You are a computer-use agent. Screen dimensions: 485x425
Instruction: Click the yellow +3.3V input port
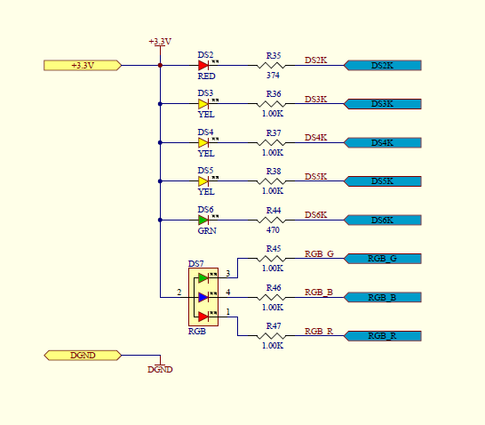[x=83, y=65]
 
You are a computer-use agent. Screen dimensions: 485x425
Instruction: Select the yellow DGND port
[x=83, y=355]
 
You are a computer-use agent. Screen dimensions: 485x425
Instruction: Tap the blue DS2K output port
[x=383, y=65]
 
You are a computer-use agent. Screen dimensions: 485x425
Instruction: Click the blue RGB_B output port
[x=383, y=297]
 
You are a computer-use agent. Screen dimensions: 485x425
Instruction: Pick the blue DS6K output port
[x=383, y=221]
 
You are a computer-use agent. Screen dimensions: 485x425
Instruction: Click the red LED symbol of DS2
[x=203, y=65]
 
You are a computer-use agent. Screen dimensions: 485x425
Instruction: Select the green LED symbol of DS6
[x=203, y=221]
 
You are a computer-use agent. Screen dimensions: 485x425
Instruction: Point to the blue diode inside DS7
[x=203, y=297]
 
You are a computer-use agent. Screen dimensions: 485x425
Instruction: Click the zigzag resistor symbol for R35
[x=271, y=65]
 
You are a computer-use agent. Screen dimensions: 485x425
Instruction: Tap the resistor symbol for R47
[x=271, y=335]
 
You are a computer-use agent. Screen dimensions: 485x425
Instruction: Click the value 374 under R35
[x=273, y=76]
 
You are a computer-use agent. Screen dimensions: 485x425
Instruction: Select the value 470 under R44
[x=273, y=230]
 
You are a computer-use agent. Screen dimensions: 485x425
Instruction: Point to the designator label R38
[x=274, y=172]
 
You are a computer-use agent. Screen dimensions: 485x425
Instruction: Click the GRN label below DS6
[x=207, y=230]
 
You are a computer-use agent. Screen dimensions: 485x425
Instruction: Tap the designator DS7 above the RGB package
[x=196, y=263]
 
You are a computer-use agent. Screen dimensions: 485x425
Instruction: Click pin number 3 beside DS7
[x=228, y=273]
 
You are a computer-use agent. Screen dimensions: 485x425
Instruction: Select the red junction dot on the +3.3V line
[x=160, y=65]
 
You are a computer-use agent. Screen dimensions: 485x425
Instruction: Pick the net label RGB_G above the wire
[x=319, y=253]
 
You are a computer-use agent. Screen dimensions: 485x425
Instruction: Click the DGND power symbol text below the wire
[x=160, y=369]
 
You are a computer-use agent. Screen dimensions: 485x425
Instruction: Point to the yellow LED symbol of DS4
[x=203, y=142]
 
